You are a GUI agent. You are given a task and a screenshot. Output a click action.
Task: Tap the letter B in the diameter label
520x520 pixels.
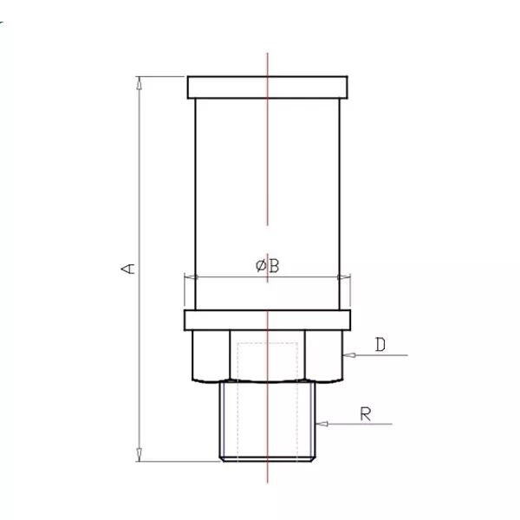click(x=273, y=266)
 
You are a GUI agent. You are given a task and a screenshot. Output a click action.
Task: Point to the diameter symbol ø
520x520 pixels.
click(x=261, y=266)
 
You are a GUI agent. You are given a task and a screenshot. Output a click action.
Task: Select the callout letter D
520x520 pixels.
click(x=380, y=344)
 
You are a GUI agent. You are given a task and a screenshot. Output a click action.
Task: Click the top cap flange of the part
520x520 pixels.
click(x=267, y=88)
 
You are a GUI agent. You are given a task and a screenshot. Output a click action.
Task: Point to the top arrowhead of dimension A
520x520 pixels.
click(x=140, y=81)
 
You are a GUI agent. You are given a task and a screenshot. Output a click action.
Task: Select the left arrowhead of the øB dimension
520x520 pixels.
click(x=190, y=277)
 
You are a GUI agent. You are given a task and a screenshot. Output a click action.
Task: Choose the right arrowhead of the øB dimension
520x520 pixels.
click(x=344, y=277)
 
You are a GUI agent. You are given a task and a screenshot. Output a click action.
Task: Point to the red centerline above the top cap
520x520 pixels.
click(x=268, y=64)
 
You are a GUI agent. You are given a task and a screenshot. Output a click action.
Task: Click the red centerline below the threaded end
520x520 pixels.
click(x=268, y=472)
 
